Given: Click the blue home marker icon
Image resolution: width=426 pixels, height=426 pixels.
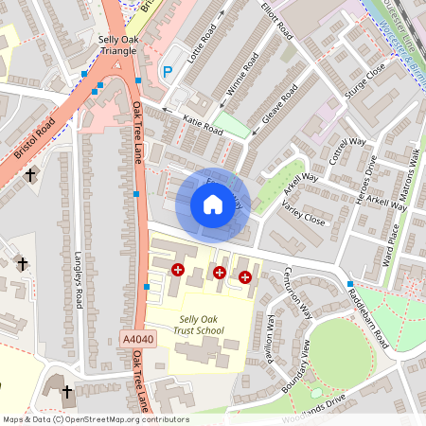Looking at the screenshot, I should point(212,204).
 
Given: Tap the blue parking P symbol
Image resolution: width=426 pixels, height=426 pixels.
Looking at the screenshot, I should point(168,71).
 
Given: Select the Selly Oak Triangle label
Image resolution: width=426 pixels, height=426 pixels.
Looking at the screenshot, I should point(120,45).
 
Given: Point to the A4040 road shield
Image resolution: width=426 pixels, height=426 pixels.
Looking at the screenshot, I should point(137,337).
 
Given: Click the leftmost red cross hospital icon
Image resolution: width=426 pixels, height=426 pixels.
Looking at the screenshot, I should point(177,270).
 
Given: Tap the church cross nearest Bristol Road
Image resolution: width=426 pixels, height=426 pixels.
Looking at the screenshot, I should point(30,175).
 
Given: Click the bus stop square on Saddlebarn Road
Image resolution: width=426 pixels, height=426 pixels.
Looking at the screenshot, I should point(350,284).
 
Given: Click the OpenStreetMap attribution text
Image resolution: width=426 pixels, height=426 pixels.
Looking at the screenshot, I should point(95,419).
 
